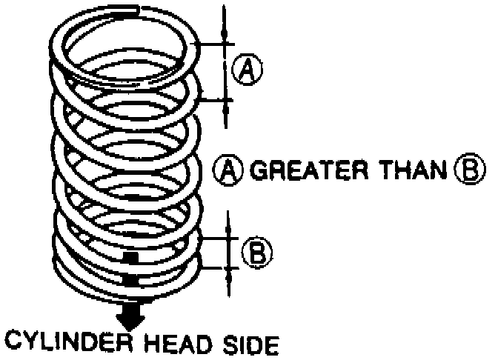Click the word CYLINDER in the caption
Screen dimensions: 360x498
coord(69,344)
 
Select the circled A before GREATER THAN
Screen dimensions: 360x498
coord(227,172)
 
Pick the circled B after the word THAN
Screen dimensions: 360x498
coord(465,172)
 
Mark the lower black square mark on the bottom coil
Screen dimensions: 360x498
coord(130,280)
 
